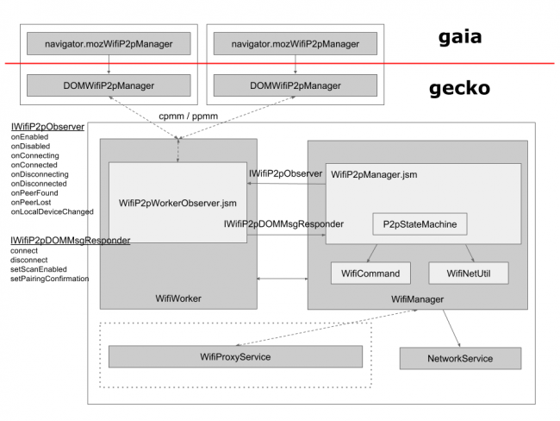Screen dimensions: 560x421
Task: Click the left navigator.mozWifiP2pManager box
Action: click(x=109, y=44)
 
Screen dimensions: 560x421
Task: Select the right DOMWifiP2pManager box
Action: click(x=296, y=85)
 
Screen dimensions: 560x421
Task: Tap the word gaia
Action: click(x=460, y=38)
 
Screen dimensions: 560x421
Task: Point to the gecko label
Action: click(x=460, y=89)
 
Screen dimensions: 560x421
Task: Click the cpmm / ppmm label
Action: click(x=188, y=116)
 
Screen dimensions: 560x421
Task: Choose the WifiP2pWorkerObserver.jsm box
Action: click(x=177, y=203)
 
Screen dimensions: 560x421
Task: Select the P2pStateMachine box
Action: click(x=420, y=224)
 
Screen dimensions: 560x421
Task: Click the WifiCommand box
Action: click(x=370, y=273)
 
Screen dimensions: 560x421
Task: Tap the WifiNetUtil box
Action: click(x=469, y=273)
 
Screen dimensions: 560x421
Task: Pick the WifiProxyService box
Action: click(x=235, y=356)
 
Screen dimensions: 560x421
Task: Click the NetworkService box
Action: click(x=460, y=358)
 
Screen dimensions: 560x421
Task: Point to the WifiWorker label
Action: click(x=178, y=298)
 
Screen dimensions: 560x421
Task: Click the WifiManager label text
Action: click(x=418, y=299)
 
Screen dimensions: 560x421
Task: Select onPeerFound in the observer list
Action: click(x=34, y=192)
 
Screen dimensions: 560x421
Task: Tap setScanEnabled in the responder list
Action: click(x=39, y=269)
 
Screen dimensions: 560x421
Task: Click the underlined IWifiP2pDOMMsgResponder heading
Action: click(x=71, y=241)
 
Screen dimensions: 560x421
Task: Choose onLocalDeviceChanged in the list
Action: click(x=53, y=211)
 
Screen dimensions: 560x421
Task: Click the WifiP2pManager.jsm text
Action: click(x=374, y=174)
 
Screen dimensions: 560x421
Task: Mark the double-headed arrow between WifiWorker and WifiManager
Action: click(x=283, y=279)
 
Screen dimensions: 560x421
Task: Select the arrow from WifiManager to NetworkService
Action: click(x=451, y=329)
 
